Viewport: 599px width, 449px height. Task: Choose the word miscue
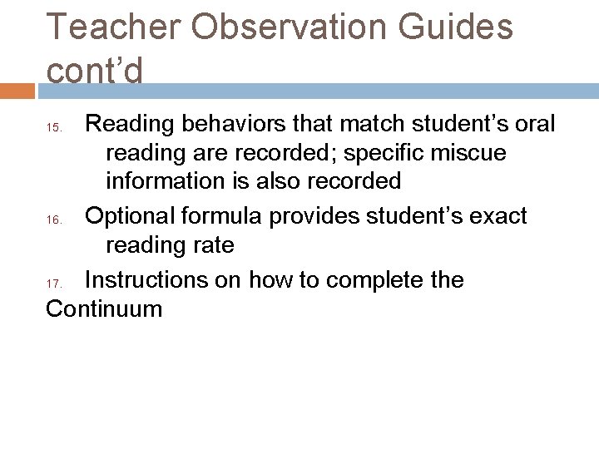[475, 155]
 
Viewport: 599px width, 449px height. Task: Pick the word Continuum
[104, 310]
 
